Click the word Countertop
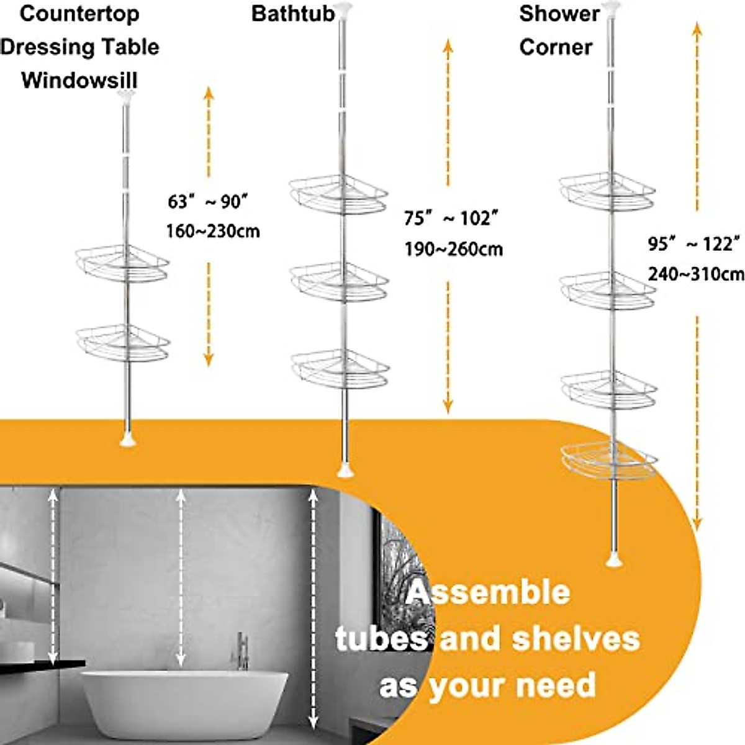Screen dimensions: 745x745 79,14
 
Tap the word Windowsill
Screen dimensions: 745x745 79,81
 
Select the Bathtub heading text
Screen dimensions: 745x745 293,14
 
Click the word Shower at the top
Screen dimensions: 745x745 559,14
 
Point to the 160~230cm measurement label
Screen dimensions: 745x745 212,232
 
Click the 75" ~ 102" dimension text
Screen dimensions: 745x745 451,219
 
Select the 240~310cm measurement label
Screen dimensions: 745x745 696,274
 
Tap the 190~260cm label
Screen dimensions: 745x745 453,250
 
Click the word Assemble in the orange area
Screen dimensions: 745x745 488,592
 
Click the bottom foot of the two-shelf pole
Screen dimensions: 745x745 127,440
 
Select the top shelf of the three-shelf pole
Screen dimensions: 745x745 339,195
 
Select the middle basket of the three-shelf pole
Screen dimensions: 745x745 340,282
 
